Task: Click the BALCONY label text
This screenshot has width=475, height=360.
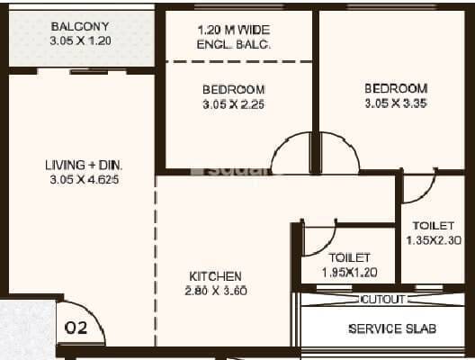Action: coord(81,26)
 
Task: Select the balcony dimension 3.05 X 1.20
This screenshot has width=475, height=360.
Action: coord(81,40)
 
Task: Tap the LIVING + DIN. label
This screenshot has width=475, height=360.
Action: coord(84,165)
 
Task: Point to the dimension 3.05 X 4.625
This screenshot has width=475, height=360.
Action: coord(84,179)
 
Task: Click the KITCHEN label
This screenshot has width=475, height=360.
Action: coord(215,275)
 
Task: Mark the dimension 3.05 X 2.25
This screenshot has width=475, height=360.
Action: coord(233,103)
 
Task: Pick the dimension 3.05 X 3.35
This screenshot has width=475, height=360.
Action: coord(395,103)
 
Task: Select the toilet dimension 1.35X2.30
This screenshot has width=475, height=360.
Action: coord(433,240)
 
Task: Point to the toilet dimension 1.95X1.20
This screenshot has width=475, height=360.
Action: coord(350,272)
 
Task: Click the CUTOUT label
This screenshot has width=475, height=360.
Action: coord(383,299)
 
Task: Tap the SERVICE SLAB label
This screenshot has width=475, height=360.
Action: coord(386,328)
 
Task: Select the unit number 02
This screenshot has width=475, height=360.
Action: coord(76,328)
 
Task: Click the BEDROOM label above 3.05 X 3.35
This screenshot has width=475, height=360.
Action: coord(395,88)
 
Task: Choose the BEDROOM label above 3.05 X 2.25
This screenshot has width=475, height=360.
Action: coord(233,89)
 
